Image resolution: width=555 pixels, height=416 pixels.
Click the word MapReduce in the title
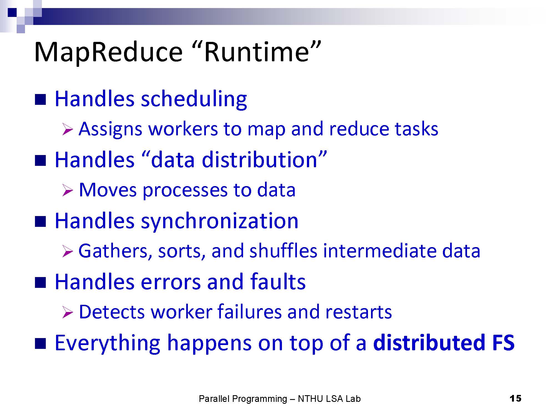click(x=108, y=52)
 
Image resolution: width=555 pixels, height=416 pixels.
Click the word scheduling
click(x=194, y=99)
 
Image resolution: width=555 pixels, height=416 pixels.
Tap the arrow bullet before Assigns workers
click(x=67, y=130)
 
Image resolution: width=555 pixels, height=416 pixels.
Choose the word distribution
click(x=259, y=160)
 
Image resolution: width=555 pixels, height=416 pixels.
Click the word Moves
click(x=108, y=190)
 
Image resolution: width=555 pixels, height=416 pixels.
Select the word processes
click(x=185, y=191)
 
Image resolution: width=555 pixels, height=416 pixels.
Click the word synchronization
click(x=220, y=221)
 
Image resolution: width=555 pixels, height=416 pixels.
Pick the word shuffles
click(x=283, y=251)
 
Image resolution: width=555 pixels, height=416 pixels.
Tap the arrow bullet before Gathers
click(x=67, y=252)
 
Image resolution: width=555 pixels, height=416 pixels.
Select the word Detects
click(x=112, y=312)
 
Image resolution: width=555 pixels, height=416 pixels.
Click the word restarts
click(x=359, y=313)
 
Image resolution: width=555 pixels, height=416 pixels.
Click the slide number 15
click(x=515, y=399)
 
